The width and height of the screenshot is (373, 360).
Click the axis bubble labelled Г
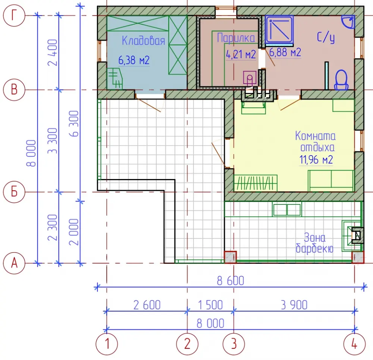pyautogui.click(x=14, y=15)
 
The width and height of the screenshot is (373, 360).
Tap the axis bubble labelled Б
pyautogui.click(x=14, y=192)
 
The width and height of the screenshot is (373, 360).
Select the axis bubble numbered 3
pyautogui.click(x=233, y=344)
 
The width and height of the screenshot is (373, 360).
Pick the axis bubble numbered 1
pyautogui.click(x=107, y=344)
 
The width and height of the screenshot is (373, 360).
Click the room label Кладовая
pyautogui.click(x=143, y=40)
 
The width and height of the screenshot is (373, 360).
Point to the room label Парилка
pyautogui.click(x=236, y=38)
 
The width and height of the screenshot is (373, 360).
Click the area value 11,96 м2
pyautogui.click(x=316, y=159)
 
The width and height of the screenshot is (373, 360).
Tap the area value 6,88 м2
pyautogui.click(x=285, y=52)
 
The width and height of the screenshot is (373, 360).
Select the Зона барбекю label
pyautogui.click(x=314, y=243)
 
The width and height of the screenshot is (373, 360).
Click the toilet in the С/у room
pyautogui.click(x=341, y=80)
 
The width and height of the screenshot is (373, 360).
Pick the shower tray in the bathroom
pyautogui.click(x=279, y=30)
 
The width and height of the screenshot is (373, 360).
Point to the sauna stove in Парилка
pyautogui.click(x=250, y=78)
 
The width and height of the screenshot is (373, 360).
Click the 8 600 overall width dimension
pyautogui.click(x=230, y=281)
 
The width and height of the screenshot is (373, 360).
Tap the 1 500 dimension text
pyautogui.click(x=210, y=305)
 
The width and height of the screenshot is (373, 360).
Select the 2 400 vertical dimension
pyautogui.click(x=53, y=53)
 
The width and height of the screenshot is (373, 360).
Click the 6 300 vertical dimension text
pyautogui.click(x=74, y=123)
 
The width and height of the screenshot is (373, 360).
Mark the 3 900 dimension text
pyautogui.click(x=294, y=305)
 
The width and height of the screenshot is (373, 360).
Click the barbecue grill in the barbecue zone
pyautogui.click(x=357, y=235)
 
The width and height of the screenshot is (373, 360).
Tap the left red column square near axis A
pyautogui.click(x=230, y=257)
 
